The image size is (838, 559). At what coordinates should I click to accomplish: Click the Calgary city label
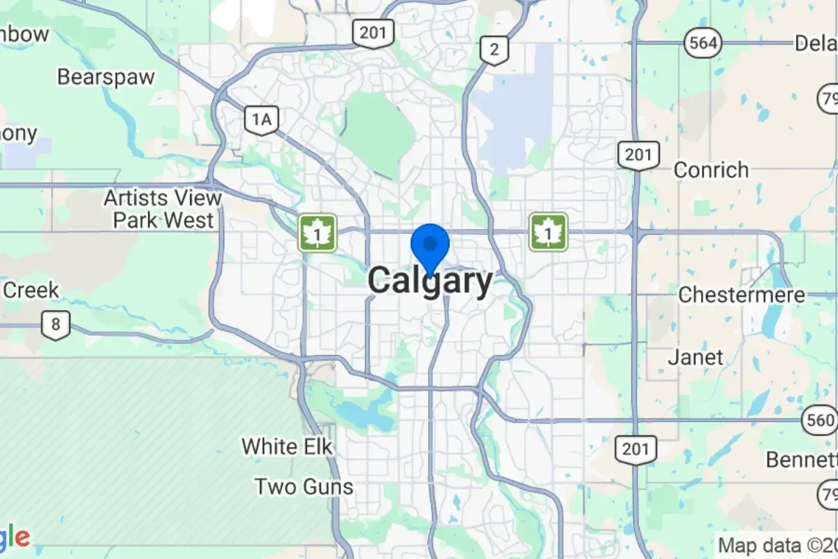(429, 282)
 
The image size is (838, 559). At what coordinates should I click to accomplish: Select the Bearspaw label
(106, 76)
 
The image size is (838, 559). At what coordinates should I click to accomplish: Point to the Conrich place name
(711, 170)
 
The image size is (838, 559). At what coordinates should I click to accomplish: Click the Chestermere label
(742, 294)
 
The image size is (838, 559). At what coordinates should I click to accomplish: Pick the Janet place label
(696, 357)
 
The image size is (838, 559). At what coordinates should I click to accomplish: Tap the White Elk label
(287, 446)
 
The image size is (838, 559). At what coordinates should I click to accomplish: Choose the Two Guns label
(304, 486)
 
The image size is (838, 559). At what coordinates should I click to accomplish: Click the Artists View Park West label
(163, 209)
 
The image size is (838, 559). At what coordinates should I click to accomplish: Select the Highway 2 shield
(494, 50)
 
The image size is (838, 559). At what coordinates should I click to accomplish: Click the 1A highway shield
(262, 120)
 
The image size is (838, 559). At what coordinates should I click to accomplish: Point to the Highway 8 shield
(55, 325)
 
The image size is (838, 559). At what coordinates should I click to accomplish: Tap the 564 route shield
(702, 43)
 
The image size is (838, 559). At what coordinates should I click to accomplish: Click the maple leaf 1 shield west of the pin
(318, 233)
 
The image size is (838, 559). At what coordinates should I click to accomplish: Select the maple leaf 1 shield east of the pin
(548, 232)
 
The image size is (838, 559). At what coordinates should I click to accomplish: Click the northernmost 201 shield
(373, 33)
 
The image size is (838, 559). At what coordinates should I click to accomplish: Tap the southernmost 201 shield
(635, 449)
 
